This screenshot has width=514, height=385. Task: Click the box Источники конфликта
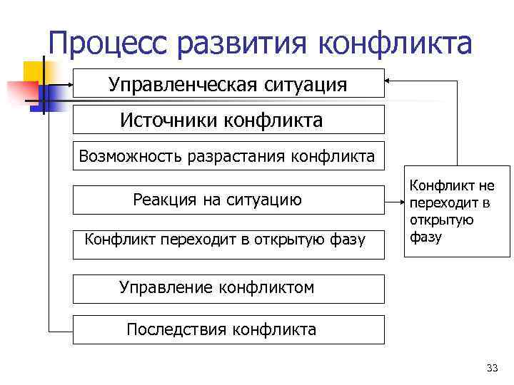(x=228, y=120)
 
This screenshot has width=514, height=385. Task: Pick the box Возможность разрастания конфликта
(x=228, y=155)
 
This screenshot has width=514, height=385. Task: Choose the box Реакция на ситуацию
(x=228, y=200)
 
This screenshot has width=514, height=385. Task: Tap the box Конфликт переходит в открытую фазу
(x=228, y=240)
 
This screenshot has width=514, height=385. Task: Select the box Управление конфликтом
(x=228, y=287)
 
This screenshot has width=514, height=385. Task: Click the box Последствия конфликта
(x=228, y=329)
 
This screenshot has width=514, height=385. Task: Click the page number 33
(x=491, y=368)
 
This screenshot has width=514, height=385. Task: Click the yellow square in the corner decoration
(x=34, y=72)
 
